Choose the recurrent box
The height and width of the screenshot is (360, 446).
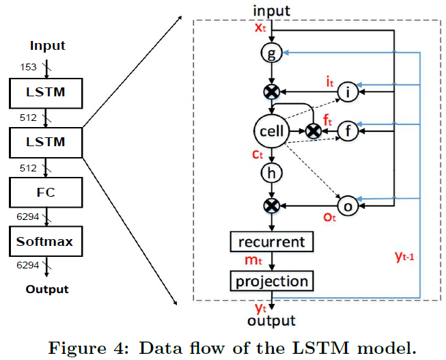coord(272,242)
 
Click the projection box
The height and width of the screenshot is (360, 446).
coord(272,281)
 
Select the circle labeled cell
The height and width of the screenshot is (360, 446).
coord(270,130)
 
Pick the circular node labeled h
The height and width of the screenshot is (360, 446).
coord(272,174)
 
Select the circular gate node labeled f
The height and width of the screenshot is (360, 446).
coord(348,130)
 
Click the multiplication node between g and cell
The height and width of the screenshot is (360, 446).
coord(272,92)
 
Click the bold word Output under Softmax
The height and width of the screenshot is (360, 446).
coord(47,288)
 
